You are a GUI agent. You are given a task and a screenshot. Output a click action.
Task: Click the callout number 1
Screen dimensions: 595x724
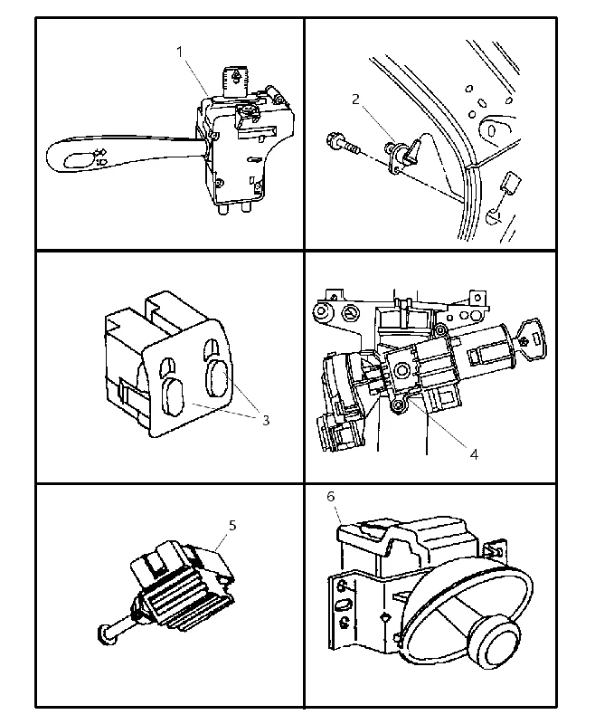pos(179,52)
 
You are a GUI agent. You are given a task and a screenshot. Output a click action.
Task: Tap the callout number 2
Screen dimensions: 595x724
pos(355,100)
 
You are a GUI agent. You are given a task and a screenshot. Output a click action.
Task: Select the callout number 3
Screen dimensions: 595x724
pos(266,420)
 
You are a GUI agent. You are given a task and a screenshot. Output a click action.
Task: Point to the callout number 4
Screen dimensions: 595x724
pos(474,454)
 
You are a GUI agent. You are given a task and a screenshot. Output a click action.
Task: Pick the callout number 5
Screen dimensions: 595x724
pos(232,525)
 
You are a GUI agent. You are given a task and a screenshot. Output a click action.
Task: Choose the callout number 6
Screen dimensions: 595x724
pos(331,496)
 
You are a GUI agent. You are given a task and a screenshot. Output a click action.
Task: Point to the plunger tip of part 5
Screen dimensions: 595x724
pos(106,634)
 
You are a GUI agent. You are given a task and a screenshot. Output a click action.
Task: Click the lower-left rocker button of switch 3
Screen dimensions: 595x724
pos(172,397)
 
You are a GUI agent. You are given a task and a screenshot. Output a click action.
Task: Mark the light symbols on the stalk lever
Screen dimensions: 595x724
pos(101,156)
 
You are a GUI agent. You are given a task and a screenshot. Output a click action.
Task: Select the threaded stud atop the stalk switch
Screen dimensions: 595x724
pos(236,82)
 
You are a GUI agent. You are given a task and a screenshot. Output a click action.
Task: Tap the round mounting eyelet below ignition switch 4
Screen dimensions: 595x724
pos(397,405)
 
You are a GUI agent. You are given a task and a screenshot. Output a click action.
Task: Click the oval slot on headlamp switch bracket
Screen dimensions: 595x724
pos(345,605)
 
